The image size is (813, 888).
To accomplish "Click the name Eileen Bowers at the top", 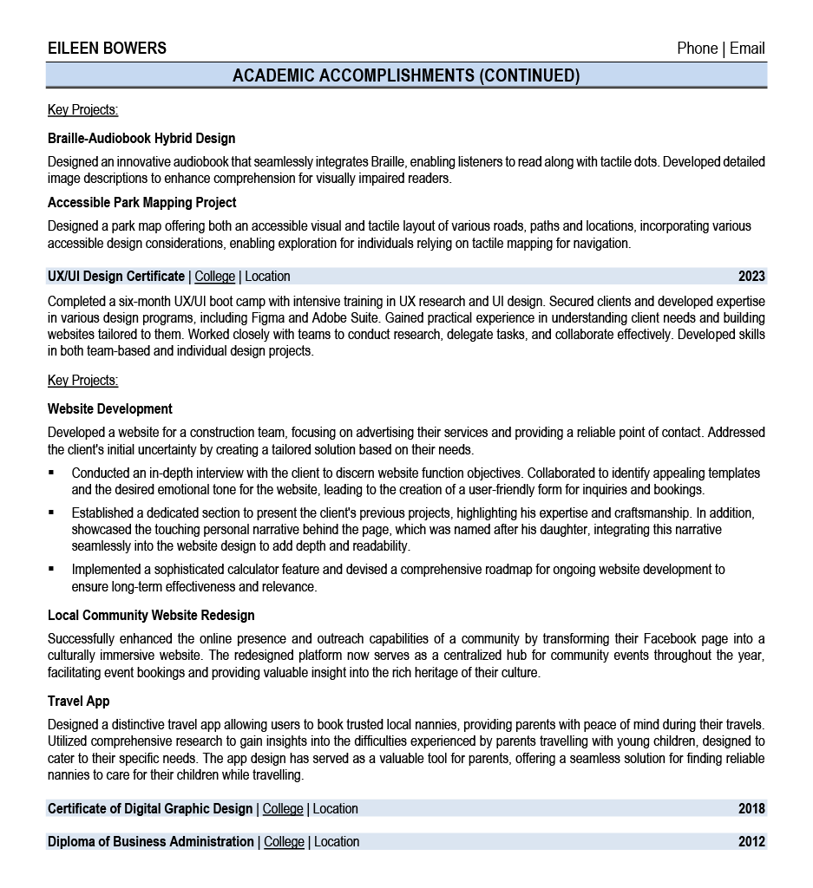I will [x=107, y=49].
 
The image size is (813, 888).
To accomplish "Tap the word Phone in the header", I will [x=697, y=49].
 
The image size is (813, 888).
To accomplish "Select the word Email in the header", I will [x=747, y=49].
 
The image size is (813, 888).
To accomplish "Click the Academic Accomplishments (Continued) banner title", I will [x=406, y=75].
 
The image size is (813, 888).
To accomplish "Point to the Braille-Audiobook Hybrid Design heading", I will [x=141, y=138].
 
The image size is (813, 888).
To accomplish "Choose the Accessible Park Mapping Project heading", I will [x=141, y=203].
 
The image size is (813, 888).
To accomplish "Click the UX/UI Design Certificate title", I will [x=116, y=277].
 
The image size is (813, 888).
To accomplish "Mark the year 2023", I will [x=751, y=277].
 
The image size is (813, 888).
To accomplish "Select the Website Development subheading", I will [x=110, y=408].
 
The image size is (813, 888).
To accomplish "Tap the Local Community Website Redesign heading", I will [x=151, y=615].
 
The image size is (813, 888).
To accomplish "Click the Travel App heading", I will [x=79, y=701].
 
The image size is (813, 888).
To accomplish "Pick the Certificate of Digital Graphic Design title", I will [x=150, y=809].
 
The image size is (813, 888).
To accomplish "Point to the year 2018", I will [x=751, y=809].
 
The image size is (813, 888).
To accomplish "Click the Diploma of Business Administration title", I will [x=151, y=842].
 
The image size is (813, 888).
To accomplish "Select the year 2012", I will [x=751, y=842].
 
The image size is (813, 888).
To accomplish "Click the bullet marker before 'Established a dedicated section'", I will [x=52, y=513].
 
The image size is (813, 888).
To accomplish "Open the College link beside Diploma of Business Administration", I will [x=284, y=842].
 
